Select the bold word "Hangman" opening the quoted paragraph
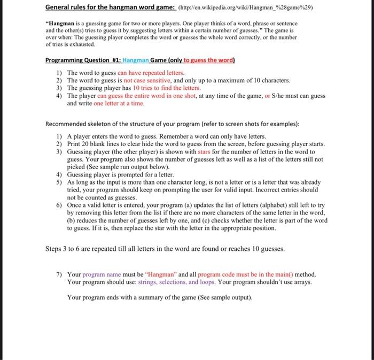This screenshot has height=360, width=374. (x=63, y=25)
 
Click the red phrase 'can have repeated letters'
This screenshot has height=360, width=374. (x=151, y=72)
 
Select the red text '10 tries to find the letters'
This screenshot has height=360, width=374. (x=167, y=88)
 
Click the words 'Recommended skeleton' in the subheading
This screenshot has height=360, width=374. (x=78, y=124)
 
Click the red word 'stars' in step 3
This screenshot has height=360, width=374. (x=205, y=152)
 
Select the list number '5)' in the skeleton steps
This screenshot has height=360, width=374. (x=59, y=182)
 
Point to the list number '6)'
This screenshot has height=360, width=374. (x=59, y=205)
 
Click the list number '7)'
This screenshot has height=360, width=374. (x=59, y=274)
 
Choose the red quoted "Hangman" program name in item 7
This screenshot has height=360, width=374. (x=162, y=274)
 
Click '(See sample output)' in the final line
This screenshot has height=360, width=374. (x=219, y=297)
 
